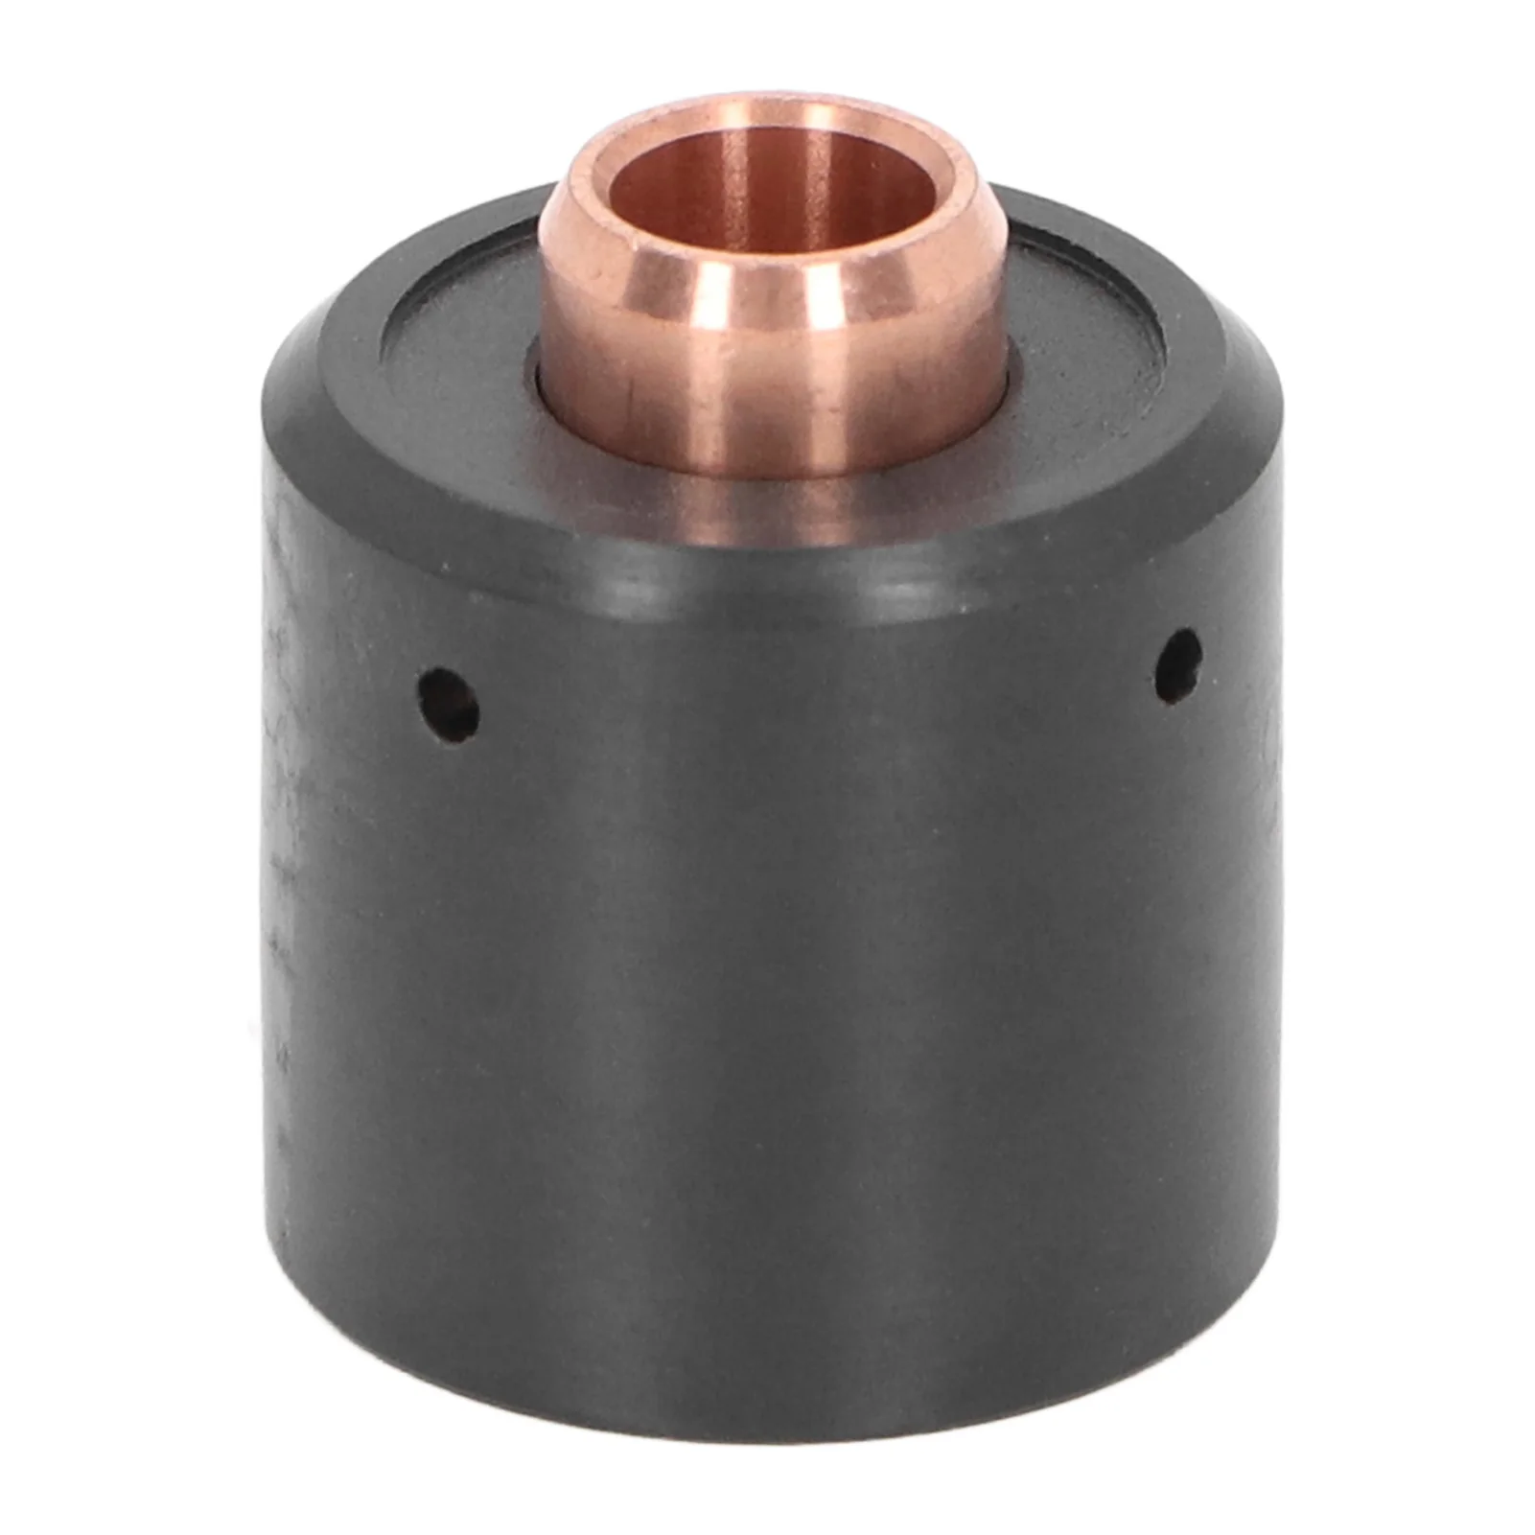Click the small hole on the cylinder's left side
pos(449,706)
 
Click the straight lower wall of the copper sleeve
pos(767,412)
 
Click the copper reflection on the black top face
pos(767,508)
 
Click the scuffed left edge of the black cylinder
pos(278,863)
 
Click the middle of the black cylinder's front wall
pos(767,1007)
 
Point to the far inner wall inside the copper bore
pos(767,168)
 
